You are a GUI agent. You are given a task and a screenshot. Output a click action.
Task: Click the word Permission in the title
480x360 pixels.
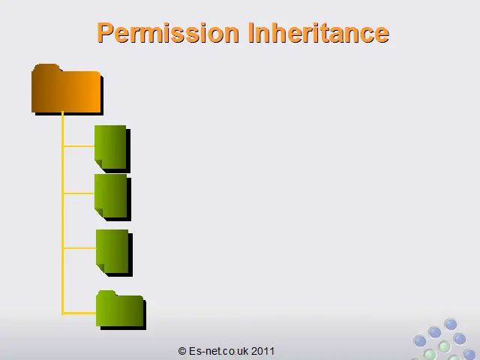point(168,33)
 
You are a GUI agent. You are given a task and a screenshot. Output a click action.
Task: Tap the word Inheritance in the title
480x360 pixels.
point(319,32)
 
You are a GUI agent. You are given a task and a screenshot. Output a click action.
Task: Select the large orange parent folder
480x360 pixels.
point(66,88)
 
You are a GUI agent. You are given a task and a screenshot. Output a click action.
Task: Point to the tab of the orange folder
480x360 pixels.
point(46,67)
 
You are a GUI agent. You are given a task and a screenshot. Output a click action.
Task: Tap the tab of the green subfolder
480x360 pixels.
point(106,293)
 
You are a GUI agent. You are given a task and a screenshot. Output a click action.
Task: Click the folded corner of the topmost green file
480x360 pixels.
point(98,164)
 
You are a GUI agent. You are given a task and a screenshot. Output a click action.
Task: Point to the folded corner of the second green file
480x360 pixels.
point(98,213)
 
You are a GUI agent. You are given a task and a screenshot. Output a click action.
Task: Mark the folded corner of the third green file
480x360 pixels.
point(100,268)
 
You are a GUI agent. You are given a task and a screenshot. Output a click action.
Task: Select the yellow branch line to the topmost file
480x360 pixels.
point(79,146)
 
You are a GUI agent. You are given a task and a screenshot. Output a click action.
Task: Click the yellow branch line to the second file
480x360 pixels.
point(79,193)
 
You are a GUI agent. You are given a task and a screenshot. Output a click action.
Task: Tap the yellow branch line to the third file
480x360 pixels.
point(79,248)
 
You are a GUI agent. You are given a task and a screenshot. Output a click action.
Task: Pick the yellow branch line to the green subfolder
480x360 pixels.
point(79,313)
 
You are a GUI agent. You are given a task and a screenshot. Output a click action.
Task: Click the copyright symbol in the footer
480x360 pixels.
point(182,351)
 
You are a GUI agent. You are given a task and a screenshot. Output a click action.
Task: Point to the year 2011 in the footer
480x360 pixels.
point(262,351)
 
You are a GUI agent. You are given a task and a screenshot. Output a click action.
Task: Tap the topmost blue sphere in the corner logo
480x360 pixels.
point(451,324)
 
